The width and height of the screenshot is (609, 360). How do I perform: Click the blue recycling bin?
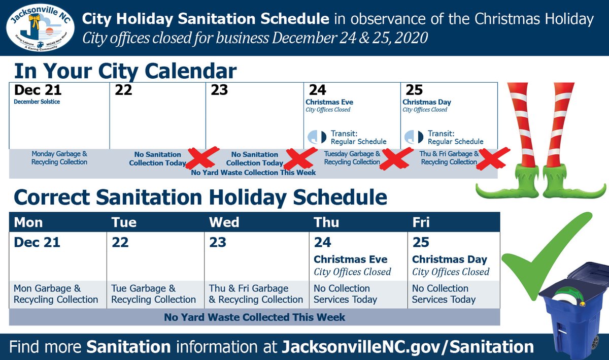573,310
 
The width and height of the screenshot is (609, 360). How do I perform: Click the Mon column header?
28,222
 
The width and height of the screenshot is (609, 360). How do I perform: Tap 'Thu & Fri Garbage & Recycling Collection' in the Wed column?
256,294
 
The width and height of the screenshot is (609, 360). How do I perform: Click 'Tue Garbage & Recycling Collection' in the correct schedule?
153,294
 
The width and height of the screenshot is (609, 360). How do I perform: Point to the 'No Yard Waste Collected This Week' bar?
254,317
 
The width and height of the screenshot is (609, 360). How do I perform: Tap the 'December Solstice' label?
37,102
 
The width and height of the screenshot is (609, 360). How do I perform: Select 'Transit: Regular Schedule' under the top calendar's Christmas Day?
455,137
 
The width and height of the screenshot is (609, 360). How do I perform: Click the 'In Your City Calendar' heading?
125,71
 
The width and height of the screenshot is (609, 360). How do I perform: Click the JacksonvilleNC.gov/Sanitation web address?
407,347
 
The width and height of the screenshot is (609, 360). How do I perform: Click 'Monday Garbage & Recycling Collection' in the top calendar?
59,158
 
